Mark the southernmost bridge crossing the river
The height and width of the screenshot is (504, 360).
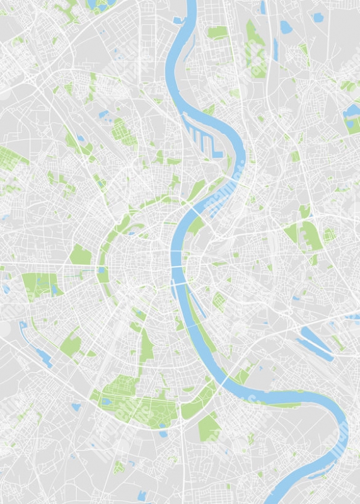tap(225, 382)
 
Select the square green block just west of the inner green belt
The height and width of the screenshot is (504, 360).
tap(80, 255)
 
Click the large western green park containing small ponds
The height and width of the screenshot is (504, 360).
tap(39, 284)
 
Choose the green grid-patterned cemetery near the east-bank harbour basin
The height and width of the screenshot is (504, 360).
tap(219, 301)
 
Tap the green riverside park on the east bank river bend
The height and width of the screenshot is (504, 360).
tap(243, 375)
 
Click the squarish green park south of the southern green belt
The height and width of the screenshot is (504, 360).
tap(209, 429)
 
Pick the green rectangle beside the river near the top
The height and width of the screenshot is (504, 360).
tap(218, 31)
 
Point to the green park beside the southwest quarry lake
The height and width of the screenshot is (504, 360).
tap(71, 344)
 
